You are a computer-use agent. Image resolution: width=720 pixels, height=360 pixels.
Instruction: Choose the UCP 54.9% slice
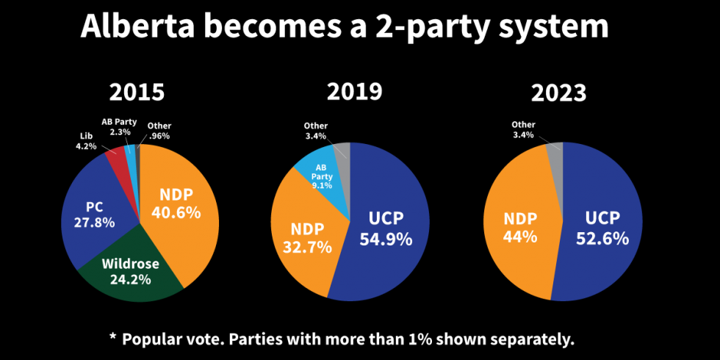[386, 228]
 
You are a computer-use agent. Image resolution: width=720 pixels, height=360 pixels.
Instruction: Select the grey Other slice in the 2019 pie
[342, 152]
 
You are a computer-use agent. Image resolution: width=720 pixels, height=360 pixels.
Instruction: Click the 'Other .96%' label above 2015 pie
[158, 130]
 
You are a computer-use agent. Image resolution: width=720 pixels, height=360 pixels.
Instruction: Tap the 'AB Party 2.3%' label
[119, 126]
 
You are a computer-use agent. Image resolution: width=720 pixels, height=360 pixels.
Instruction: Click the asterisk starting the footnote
[112, 338]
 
